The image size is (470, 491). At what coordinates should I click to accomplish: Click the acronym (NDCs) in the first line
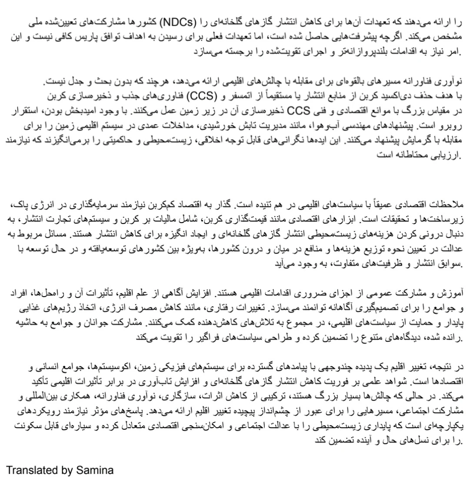pos(176,23)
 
